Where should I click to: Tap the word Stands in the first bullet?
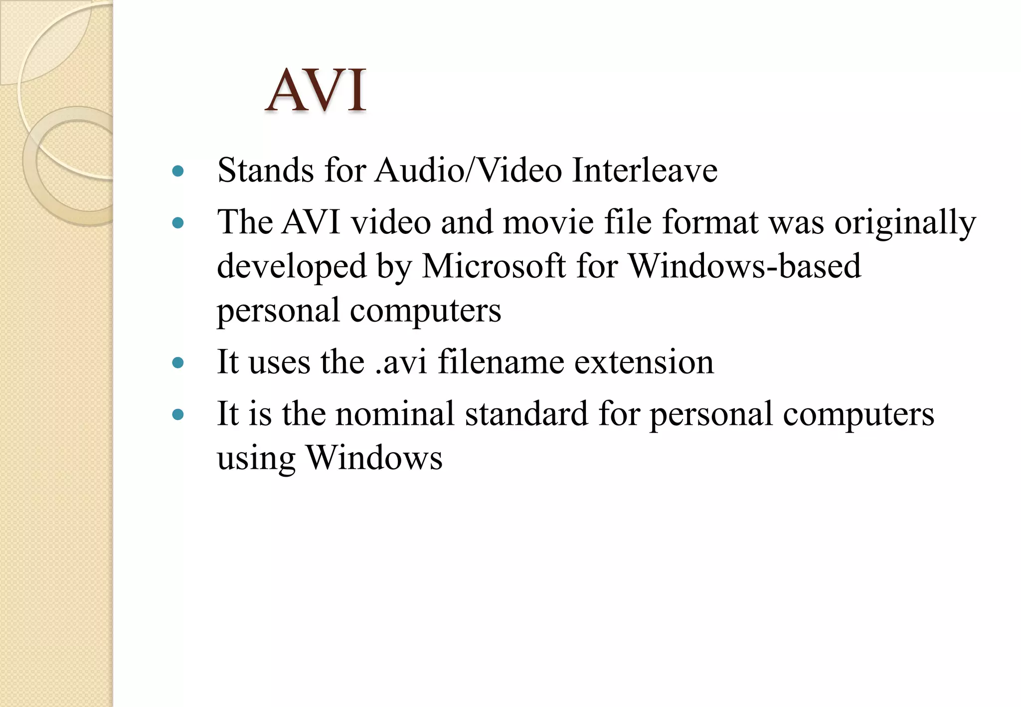coord(266,171)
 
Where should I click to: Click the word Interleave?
coord(645,171)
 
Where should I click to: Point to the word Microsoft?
coord(494,266)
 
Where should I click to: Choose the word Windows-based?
coord(745,266)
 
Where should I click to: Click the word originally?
coord(905,223)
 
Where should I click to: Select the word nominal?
coord(395,414)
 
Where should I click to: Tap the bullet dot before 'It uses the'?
coord(177,363)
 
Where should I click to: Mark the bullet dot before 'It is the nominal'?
coord(177,415)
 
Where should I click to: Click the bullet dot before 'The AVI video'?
coord(177,223)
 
